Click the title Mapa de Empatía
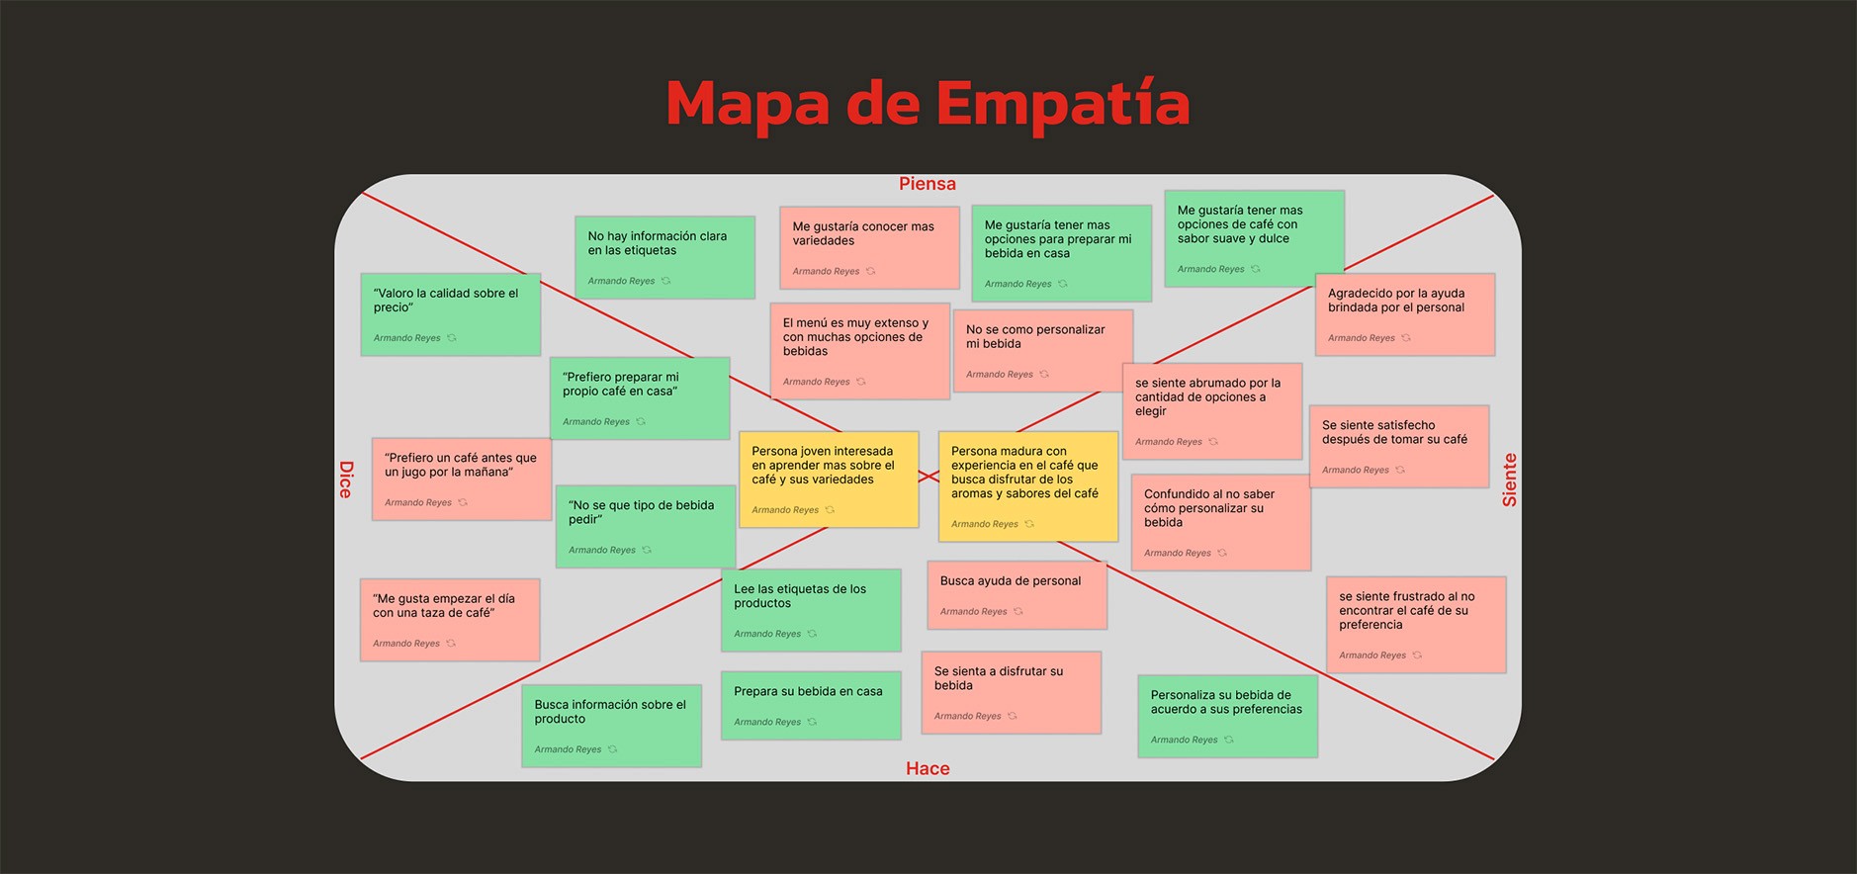coord(928,104)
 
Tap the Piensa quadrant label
coord(927,184)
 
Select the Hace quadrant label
coord(928,768)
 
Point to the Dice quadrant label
coord(345,480)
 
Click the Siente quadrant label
coord(1509,480)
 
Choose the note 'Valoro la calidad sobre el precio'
coord(450,313)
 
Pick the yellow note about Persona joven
coord(829,479)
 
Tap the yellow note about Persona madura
coord(1027,485)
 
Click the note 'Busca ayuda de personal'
coord(1017,594)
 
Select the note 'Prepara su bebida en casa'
coord(811,705)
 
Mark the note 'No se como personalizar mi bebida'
coord(1042,349)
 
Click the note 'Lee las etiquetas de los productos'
coord(811,609)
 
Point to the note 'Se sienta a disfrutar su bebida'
coord(1011,691)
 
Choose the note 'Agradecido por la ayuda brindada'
coord(1404,313)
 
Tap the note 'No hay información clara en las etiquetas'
coord(664,256)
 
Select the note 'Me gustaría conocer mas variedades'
coord(868,246)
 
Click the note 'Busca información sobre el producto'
coord(611,725)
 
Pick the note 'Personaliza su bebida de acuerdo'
coord(1227,716)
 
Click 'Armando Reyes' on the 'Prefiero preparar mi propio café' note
coord(596,422)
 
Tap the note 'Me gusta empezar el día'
coord(449,619)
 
